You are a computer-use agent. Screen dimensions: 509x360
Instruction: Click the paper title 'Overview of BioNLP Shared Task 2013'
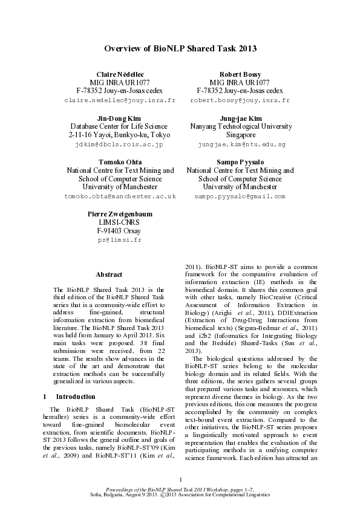pos(180,48)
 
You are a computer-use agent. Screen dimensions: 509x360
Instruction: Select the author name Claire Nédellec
pos(120,73)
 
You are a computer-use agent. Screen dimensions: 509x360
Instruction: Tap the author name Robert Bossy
pos(240,73)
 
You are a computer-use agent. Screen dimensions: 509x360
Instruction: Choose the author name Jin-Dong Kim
pos(119,118)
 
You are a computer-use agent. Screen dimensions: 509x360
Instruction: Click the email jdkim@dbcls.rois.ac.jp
pos(119,145)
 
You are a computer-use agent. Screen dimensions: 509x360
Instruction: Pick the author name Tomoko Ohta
pos(120,163)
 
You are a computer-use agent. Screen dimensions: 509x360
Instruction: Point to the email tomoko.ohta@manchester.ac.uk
pos(120,196)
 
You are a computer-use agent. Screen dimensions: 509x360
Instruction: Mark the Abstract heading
pos(109,274)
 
